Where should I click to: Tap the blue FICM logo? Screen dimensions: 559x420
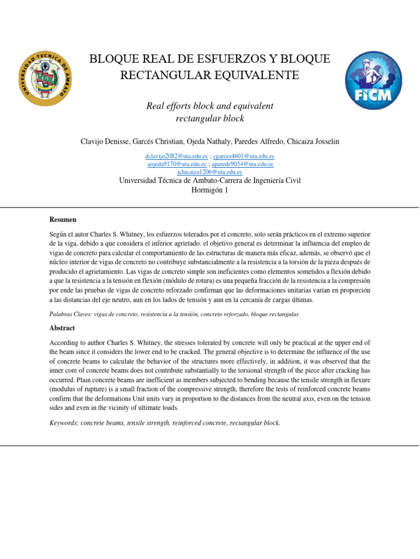372,80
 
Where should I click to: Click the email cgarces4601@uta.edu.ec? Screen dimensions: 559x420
243,156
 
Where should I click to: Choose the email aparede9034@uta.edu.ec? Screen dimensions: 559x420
243,164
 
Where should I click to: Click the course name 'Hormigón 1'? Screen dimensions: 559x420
209,190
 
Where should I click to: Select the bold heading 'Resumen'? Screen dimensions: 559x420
63,219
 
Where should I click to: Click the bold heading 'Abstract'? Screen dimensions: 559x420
62,328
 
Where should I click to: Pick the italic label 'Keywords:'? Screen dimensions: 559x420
63,423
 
